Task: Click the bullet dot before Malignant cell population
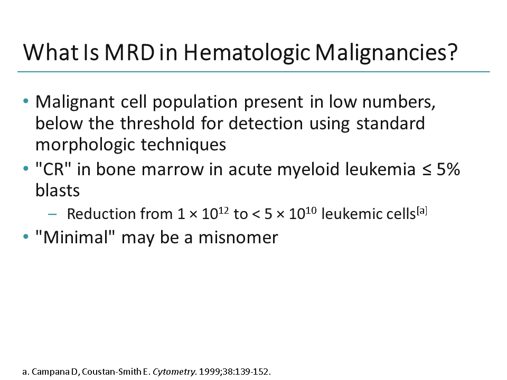26,102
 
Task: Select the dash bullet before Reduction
51,214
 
